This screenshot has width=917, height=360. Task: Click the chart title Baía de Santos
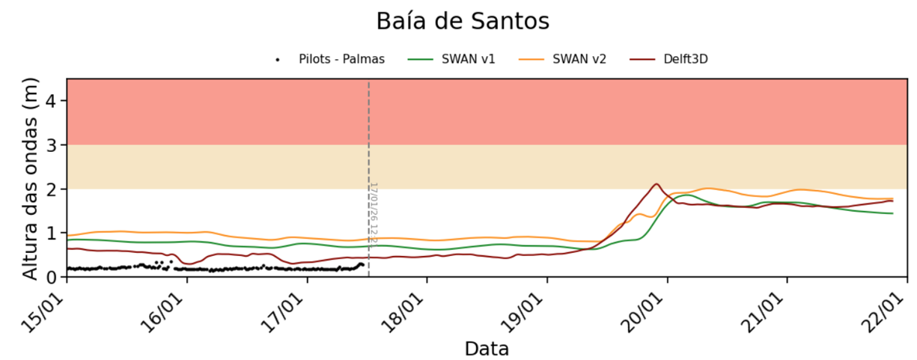[462, 21]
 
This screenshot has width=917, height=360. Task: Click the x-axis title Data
[487, 349]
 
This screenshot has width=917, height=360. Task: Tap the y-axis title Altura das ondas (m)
[30, 178]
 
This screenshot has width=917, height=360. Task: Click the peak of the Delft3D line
[656, 183]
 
